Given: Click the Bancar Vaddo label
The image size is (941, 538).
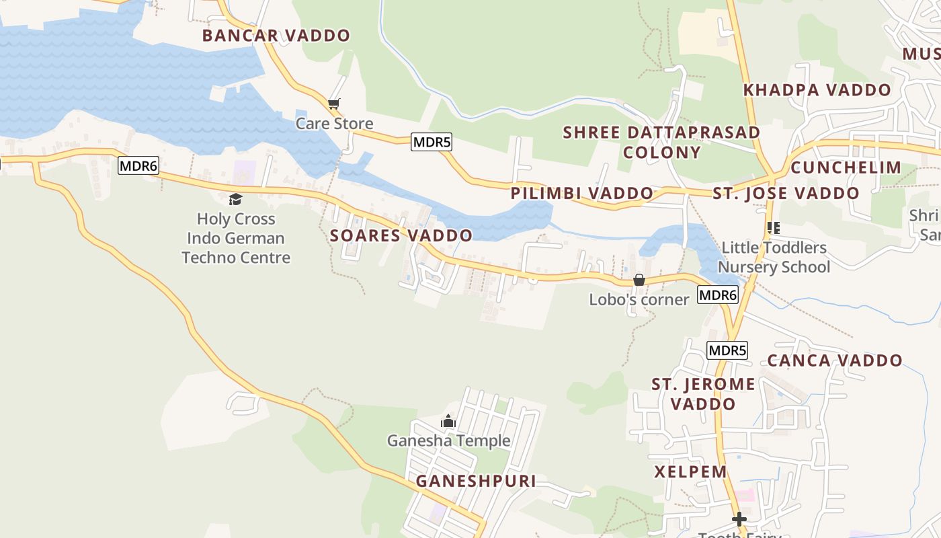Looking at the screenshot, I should click(x=276, y=36).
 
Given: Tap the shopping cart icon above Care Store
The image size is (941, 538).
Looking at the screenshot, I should click(x=334, y=104).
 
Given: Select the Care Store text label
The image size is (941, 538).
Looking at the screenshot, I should click(x=334, y=124).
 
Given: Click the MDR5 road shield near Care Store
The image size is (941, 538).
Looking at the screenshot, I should click(x=432, y=142).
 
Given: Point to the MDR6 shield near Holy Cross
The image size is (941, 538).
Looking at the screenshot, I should click(x=138, y=165).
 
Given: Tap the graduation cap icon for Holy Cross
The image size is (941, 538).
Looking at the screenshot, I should click(x=235, y=199).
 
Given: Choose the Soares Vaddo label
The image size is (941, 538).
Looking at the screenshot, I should click(x=401, y=235).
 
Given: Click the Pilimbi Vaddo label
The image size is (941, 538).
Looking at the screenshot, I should click(x=582, y=194).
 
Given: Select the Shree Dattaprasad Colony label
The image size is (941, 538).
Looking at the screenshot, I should click(x=661, y=142).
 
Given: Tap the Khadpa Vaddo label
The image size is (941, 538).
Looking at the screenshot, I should click(x=817, y=90).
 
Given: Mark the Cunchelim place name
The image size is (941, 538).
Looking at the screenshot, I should click(x=846, y=167).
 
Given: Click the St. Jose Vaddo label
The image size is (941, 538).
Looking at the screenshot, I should click(x=786, y=194).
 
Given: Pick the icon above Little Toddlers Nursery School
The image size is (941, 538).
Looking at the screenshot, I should click(x=774, y=228).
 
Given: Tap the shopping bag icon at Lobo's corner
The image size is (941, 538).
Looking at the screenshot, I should click(x=639, y=280).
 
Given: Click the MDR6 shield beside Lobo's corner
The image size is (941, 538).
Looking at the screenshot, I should click(x=718, y=295).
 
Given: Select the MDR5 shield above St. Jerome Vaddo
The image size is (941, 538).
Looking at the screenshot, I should click(x=727, y=350).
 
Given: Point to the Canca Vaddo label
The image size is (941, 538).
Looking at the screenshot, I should click(x=835, y=360).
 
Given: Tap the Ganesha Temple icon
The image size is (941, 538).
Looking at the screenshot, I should click(x=448, y=422).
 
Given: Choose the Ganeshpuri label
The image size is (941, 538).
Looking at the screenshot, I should click(x=476, y=482).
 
